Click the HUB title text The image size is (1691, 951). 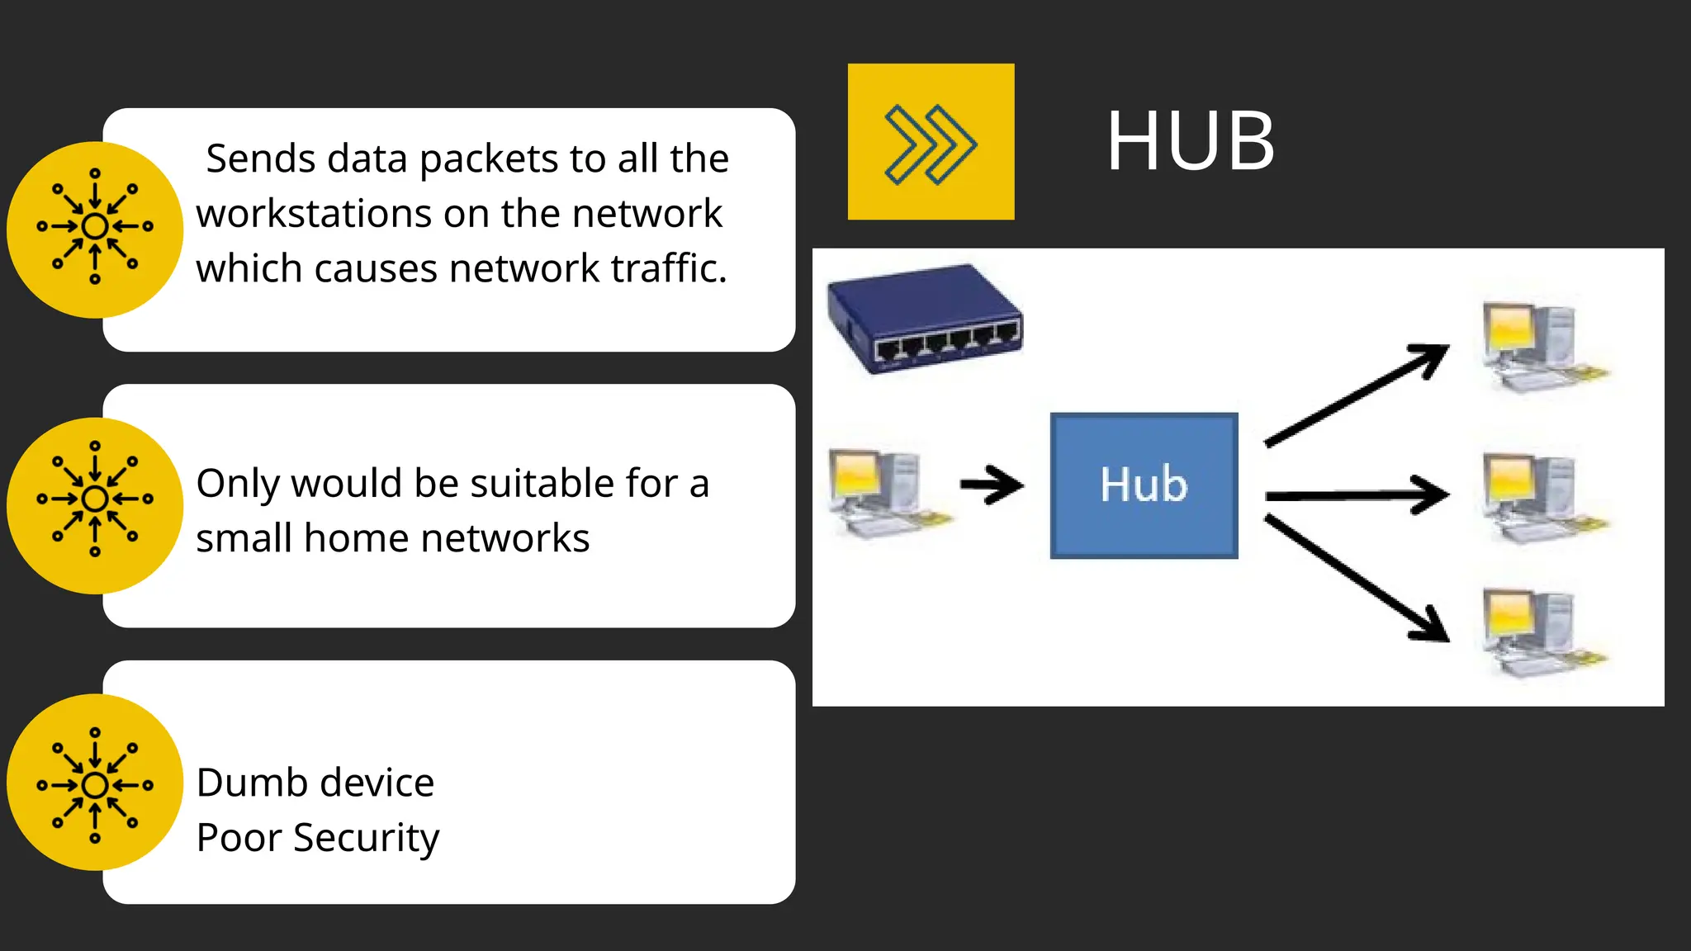(1191, 142)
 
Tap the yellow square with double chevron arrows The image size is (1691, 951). (931, 142)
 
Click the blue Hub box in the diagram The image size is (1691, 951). (1144, 485)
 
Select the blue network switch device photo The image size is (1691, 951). (925, 319)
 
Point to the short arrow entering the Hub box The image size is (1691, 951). (991, 485)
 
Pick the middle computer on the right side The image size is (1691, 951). (1540, 495)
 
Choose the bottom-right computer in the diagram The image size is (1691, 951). (1540, 632)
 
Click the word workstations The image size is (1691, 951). (314, 214)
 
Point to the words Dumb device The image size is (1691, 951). (315, 783)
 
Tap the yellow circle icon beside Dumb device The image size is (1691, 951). (95, 783)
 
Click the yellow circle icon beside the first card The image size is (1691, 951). (95, 229)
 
